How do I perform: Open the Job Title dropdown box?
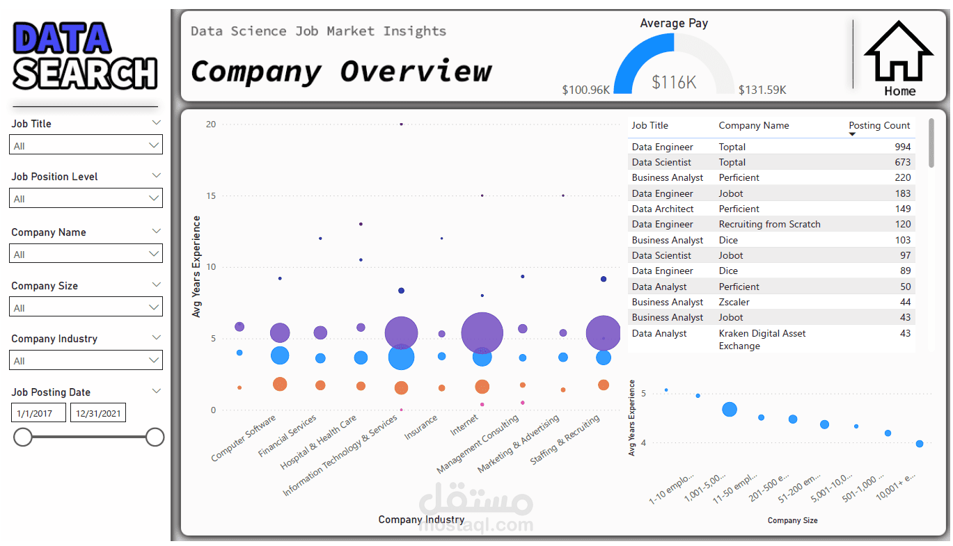[x=86, y=145]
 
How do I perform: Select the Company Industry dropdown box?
[x=86, y=360]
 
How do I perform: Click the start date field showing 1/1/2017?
[x=38, y=413]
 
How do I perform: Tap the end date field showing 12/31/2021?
[x=98, y=413]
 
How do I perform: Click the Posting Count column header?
[x=879, y=125]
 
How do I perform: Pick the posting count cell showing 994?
[x=902, y=147]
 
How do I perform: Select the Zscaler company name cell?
[x=734, y=302]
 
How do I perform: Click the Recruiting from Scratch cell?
[x=769, y=224]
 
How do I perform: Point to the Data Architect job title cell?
[x=663, y=209]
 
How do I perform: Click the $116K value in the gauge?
[x=674, y=82]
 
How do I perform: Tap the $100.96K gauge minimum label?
[x=586, y=90]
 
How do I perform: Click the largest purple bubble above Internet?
[x=482, y=333]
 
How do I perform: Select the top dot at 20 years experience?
[x=401, y=125]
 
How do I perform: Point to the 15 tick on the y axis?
[x=211, y=195]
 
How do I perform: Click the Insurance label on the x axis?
[x=420, y=427]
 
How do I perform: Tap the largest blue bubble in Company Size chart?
[x=730, y=410]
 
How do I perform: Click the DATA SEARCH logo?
[x=85, y=55]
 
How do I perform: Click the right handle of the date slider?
[x=155, y=437]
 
